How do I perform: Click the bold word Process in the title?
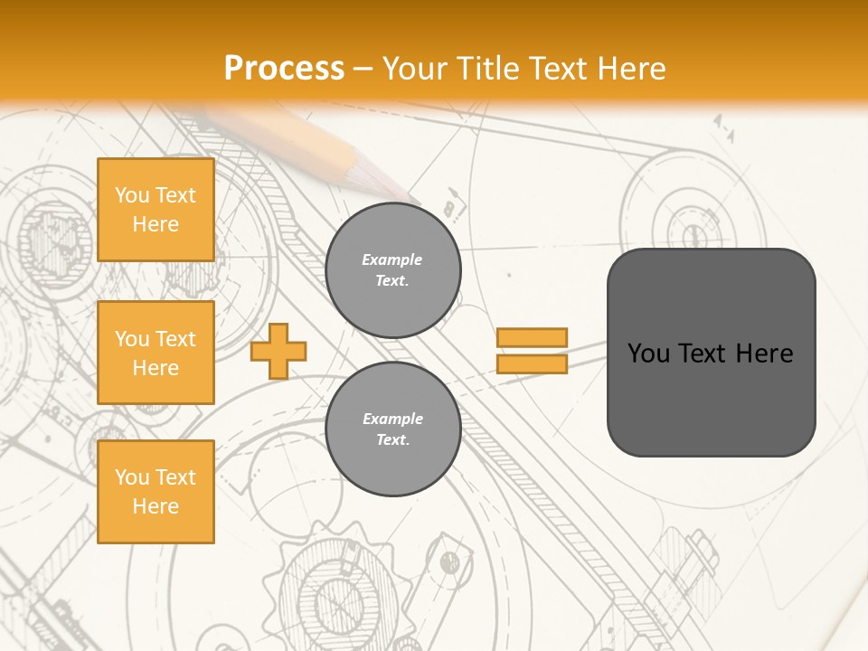(x=284, y=69)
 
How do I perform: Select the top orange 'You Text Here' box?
(x=156, y=210)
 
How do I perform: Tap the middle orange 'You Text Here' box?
(x=156, y=353)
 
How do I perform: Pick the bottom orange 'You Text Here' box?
(x=156, y=492)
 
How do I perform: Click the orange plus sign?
(x=278, y=351)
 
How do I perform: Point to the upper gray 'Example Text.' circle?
(x=393, y=270)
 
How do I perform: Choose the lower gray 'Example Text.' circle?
(x=393, y=429)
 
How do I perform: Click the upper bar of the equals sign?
(x=533, y=338)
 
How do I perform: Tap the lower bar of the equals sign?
(x=533, y=363)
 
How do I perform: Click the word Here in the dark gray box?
(x=764, y=354)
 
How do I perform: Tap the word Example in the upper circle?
(x=392, y=259)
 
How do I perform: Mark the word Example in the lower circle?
(x=392, y=419)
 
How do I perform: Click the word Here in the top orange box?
(x=156, y=224)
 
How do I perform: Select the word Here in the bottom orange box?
(x=156, y=506)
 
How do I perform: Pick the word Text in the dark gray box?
(x=703, y=354)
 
